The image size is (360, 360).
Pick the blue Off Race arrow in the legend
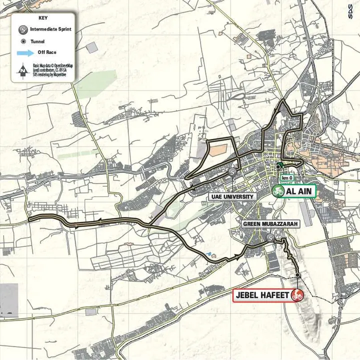tap(23, 52)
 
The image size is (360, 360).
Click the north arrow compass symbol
tap(22, 71)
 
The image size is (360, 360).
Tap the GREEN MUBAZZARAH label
tap(270, 224)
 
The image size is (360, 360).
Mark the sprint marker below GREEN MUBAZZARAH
tap(270, 238)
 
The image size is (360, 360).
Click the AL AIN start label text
tap(299, 191)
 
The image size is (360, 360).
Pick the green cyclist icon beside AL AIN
tap(278, 191)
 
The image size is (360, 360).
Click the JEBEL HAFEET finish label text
tap(261, 295)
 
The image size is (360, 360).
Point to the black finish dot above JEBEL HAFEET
tap(297, 274)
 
